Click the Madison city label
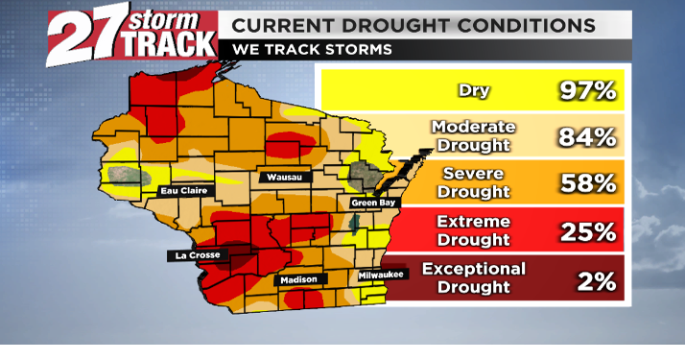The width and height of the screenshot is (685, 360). pyautogui.click(x=296, y=280)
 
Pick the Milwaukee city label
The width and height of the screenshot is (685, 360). pyautogui.click(x=382, y=276)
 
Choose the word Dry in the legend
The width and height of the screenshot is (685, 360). pyautogui.click(x=474, y=91)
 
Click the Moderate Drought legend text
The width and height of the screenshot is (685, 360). pyautogui.click(x=474, y=136)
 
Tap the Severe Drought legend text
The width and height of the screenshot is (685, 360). pyautogui.click(x=474, y=183)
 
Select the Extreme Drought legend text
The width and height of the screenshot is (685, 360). pyautogui.click(x=474, y=230)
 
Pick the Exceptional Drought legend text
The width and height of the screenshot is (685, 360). pyautogui.click(x=474, y=277)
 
